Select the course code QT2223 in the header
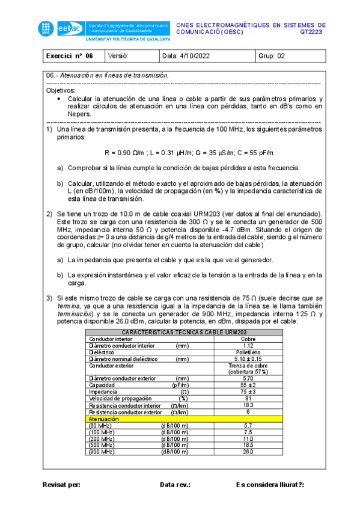pos(311,32)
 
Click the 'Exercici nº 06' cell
pos(70,57)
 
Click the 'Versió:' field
pos(119,57)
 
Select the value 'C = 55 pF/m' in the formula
pos(255,152)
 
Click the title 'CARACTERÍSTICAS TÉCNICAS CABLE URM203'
pos(185,333)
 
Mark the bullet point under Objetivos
pos(58,99)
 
